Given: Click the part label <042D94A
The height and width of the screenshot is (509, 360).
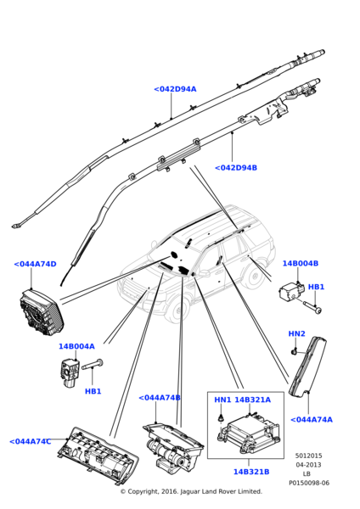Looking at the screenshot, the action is click(175, 89).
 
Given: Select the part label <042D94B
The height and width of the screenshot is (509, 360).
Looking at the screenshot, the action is click(236, 168).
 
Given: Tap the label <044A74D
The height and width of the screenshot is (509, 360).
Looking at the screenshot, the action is click(35, 264).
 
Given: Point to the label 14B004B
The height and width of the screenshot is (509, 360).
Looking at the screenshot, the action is click(301, 263).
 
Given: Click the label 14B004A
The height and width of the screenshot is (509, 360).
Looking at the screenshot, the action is click(76, 346).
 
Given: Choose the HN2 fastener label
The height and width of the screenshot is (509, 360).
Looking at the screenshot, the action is click(296, 333).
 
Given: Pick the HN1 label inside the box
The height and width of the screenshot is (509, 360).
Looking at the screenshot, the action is click(222, 400).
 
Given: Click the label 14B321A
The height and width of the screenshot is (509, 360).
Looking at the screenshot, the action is click(252, 400).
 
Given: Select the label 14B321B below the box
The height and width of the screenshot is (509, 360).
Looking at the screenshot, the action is click(251, 472).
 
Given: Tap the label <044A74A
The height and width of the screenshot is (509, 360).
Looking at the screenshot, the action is click(312, 420).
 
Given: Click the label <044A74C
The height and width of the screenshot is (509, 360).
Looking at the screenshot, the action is click(31, 442).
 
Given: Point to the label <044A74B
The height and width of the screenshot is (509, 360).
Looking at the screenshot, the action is click(160, 398).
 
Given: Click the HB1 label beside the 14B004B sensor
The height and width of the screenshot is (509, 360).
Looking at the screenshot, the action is click(316, 287).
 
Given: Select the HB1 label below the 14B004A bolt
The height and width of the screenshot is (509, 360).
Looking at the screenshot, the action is click(93, 391).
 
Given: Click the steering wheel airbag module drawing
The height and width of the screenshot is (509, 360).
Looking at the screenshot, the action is click(42, 313).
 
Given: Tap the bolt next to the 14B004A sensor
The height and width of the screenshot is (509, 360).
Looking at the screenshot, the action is click(92, 365).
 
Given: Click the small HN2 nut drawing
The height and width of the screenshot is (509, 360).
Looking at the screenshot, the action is click(294, 351).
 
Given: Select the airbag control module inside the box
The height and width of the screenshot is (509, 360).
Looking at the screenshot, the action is click(249, 433).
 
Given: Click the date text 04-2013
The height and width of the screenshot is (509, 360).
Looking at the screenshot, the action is click(308, 465).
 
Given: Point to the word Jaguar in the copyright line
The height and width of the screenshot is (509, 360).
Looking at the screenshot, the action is click(190, 491).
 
